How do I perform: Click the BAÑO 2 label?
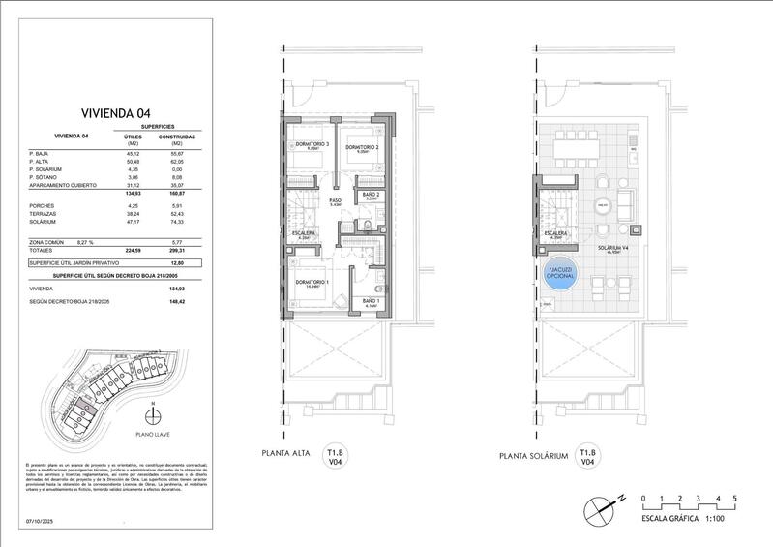[x=370, y=195]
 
